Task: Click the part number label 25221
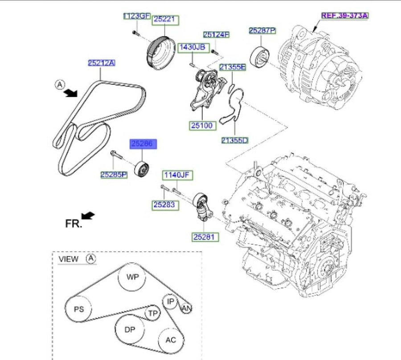tap(165, 20)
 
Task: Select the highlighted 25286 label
tap(143, 144)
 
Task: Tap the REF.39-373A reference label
tap(344, 16)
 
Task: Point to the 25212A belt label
tap(102, 63)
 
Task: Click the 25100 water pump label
tap(202, 126)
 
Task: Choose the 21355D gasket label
tap(235, 141)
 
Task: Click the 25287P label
tap(262, 31)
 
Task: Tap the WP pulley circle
tap(132, 277)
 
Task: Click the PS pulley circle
tap(78, 309)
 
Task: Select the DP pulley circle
tap(129, 329)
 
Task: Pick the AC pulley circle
tap(171, 340)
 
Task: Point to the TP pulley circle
tap(153, 313)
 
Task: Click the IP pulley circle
tap(170, 302)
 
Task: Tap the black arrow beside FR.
tap(88, 215)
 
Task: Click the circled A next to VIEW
tap(91, 259)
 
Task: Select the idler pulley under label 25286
tap(143, 169)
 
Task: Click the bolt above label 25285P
tap(116, 155)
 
